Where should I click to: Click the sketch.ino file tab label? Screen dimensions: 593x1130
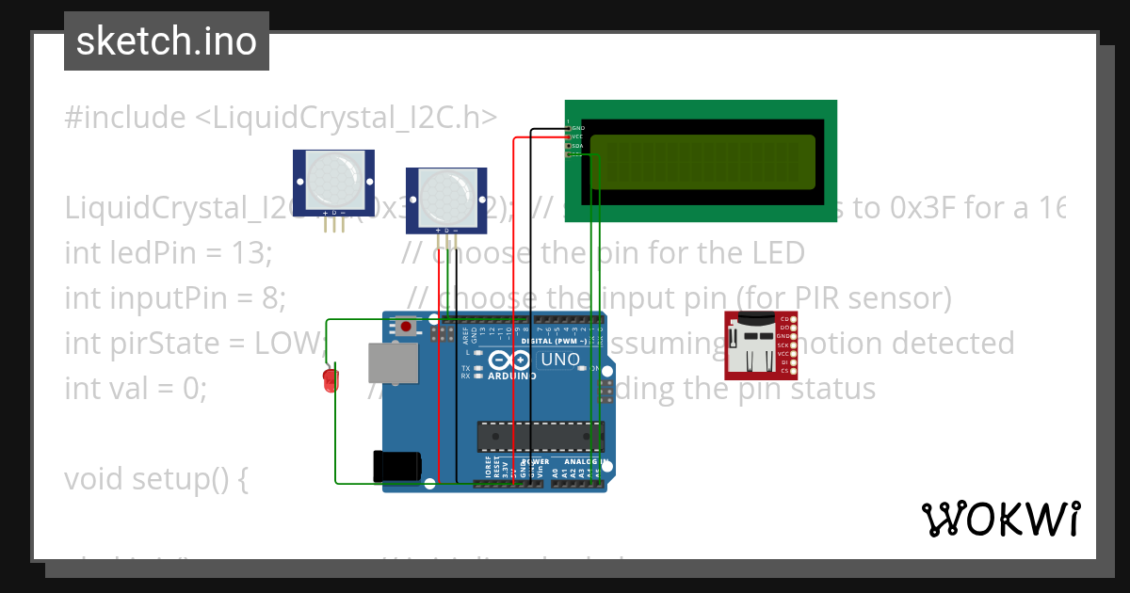166,41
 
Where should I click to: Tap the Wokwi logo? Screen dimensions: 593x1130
1000,519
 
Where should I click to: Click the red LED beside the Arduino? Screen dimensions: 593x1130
330,379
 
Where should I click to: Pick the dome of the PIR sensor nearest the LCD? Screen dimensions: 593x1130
445,194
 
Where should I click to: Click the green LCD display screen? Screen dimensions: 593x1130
702,162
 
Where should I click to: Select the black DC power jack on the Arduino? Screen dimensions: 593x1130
395,468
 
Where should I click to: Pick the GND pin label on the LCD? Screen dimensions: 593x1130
577,128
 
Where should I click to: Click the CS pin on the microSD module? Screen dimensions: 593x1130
783,371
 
